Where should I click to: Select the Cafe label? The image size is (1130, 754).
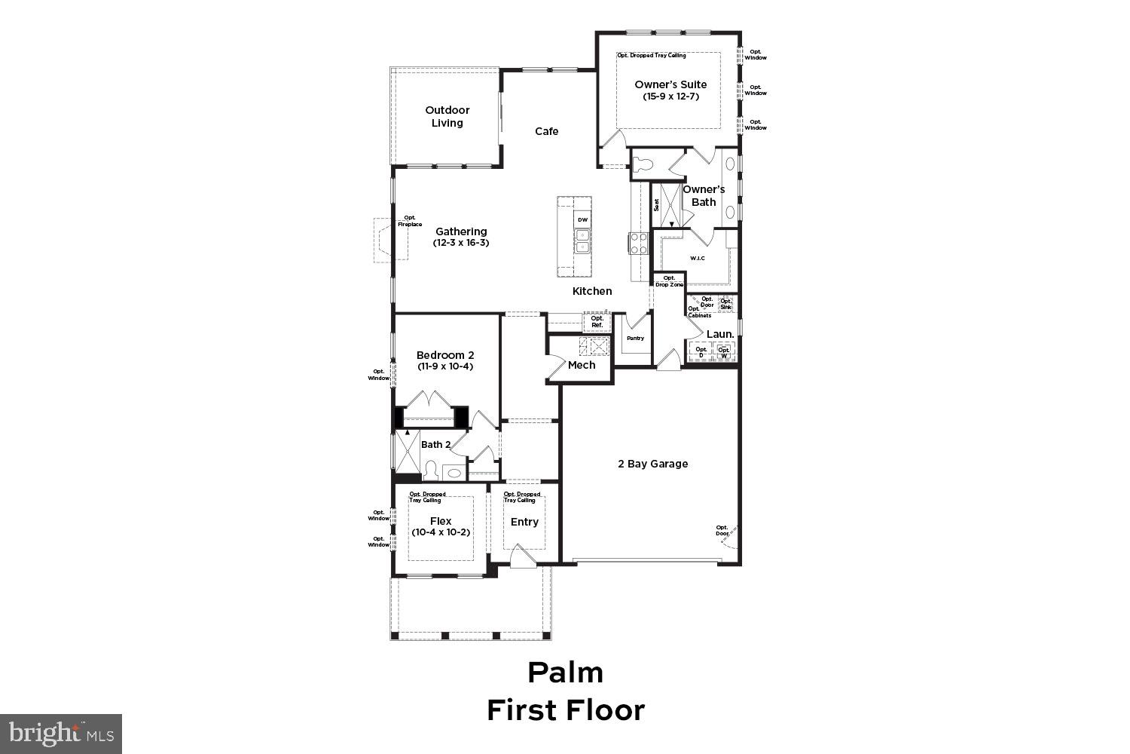point(546,131)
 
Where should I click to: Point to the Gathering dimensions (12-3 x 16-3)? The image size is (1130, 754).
point(460,243)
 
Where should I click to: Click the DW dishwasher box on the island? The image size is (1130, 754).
point(582,219)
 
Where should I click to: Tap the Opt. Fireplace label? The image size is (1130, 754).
point(410,221)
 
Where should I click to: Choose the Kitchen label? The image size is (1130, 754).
point(592,291)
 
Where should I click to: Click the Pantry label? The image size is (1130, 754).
point(635,338)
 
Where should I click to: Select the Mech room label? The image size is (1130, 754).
point(582,365)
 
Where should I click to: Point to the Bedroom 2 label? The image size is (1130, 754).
point(445,355)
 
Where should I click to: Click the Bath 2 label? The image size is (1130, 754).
point(435,444)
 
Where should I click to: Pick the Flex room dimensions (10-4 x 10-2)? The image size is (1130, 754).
point(441,532)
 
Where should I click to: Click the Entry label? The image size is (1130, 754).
point(524,522)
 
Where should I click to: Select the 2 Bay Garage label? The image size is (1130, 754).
point(652,464)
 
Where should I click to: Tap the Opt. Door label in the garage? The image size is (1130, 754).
point(722,531)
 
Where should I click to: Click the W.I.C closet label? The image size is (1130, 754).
point(697,259)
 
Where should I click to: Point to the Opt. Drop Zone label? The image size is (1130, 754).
point(669,281)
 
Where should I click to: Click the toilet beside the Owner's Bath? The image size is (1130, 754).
point(643,165)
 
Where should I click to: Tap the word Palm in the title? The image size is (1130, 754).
point(565,672)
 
